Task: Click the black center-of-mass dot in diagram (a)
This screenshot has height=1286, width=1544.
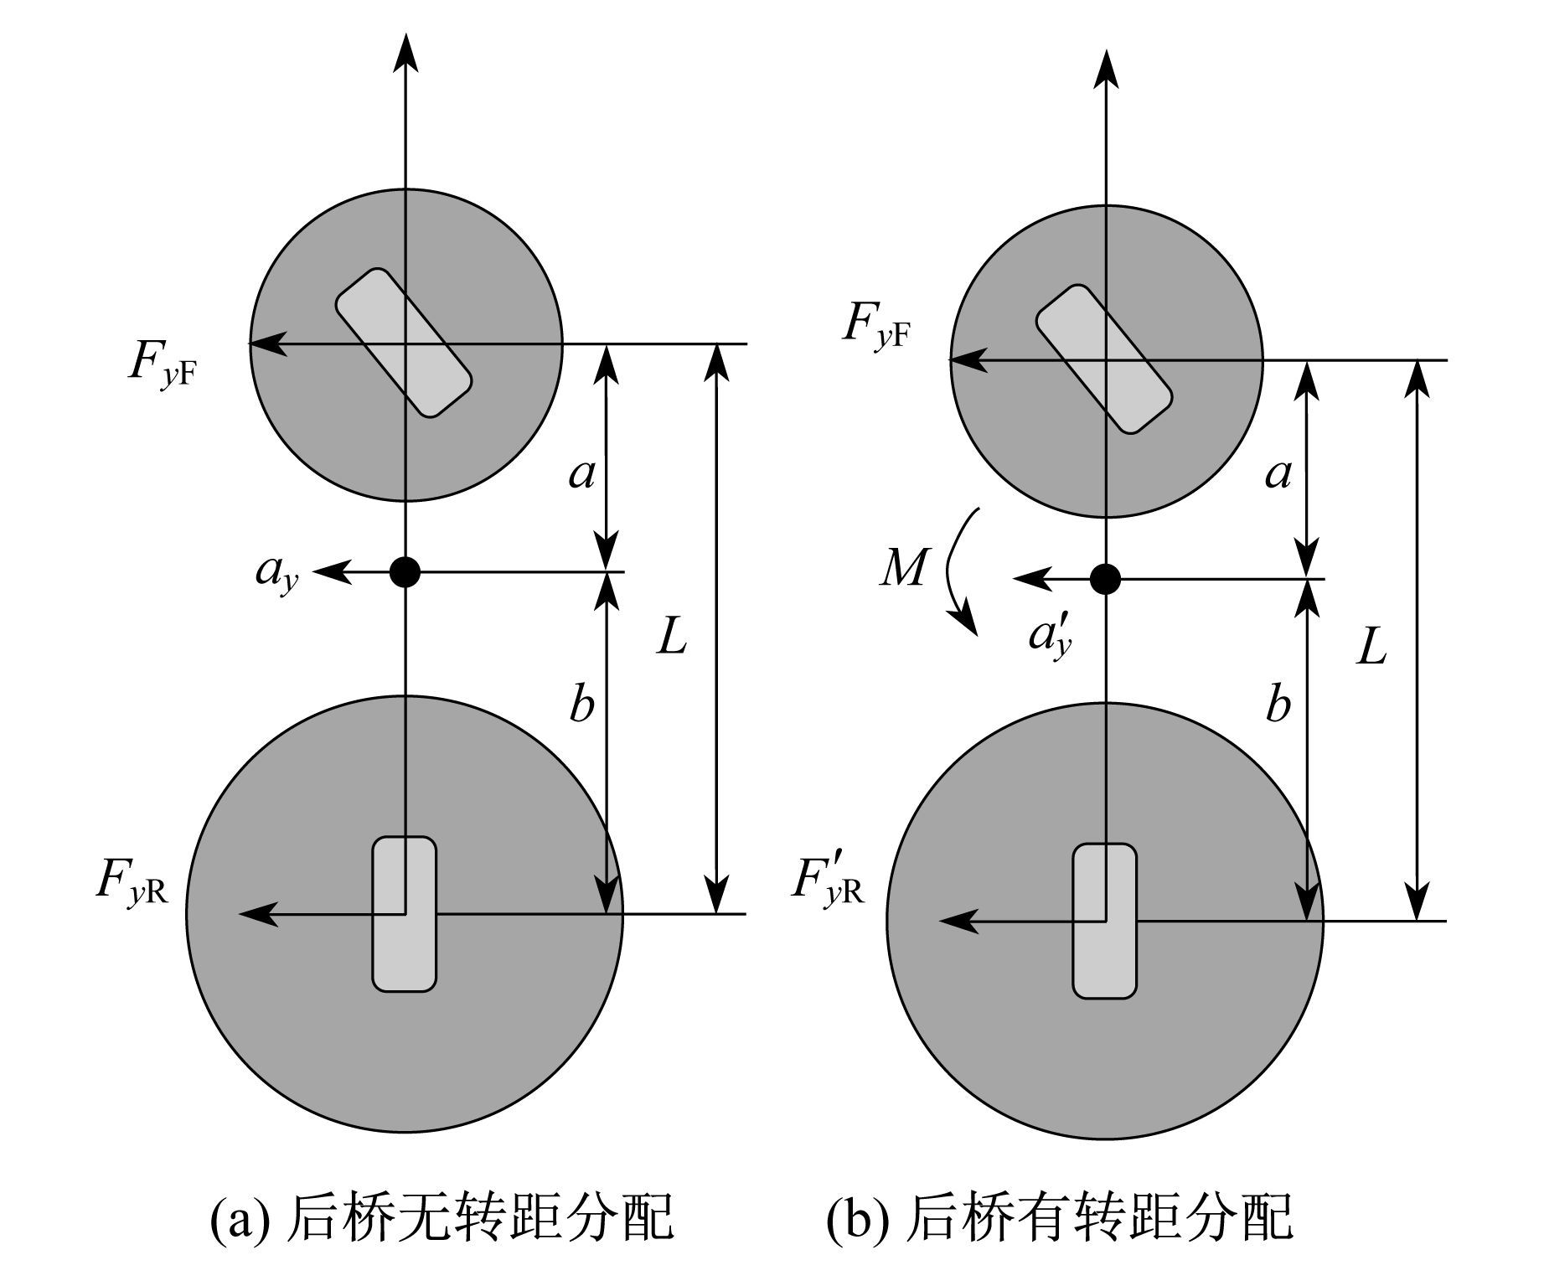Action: click(x=405, y=572)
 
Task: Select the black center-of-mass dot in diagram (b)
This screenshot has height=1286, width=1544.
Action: click(x=1106, y=579)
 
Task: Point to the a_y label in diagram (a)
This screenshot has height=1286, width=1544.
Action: click(x=276, y=575)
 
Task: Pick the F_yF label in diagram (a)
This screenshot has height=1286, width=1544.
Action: click(x=163, y=362)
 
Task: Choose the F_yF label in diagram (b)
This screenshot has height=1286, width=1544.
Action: click(x=877, y=327)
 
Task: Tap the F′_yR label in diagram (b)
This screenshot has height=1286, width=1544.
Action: click(x=827, y=883)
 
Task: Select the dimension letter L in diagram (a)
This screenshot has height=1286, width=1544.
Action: click(x=672, y=639)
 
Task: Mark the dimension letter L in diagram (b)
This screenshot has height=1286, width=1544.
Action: click(x=1371, y=648)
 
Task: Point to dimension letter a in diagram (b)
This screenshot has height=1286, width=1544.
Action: click(x=1278, y=475)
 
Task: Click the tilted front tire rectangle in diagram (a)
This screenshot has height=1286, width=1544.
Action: click(x=404, y=343)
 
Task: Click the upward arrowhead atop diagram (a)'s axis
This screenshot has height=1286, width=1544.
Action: click(x=405, y=52)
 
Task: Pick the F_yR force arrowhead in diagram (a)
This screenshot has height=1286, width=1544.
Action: click(x=259, y=913)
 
